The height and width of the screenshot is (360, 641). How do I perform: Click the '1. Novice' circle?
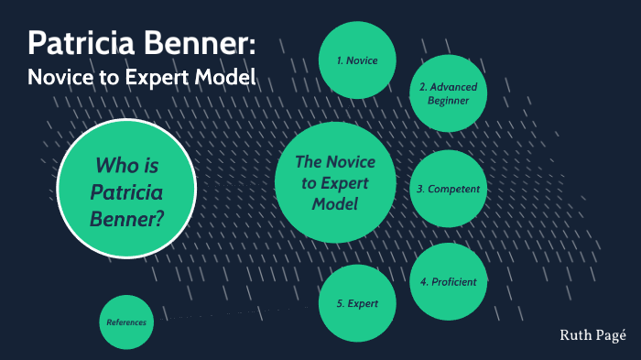point(357,60)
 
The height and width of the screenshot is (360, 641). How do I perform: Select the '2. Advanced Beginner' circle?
point(448,93)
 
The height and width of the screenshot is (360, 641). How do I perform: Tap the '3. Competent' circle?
point(448,189)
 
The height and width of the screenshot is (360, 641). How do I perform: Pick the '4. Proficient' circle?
point(448,281)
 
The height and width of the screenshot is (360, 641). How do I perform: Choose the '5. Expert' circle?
point(357,303)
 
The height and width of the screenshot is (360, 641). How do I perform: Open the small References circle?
point(125,322)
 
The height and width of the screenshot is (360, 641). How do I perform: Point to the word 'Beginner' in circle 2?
point(448,101)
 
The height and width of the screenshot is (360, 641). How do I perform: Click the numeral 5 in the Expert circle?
point(339,303)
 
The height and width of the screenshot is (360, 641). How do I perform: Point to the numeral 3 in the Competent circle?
point(419,189)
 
